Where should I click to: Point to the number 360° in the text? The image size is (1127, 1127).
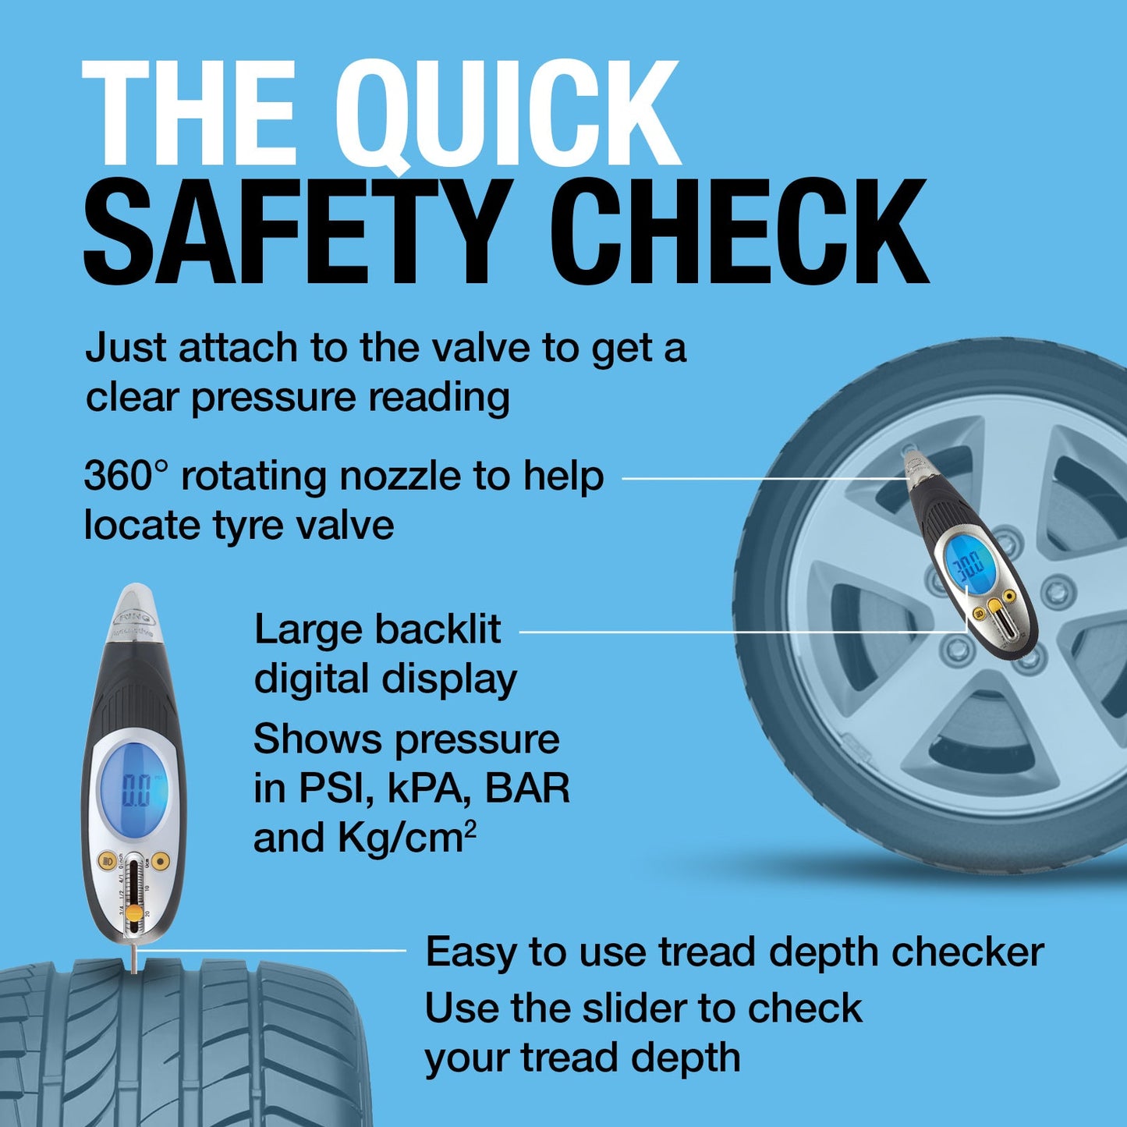coord(126,476)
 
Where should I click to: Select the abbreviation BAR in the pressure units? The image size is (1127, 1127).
coord(527,789)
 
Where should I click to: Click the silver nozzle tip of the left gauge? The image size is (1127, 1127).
coord(133,608)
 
